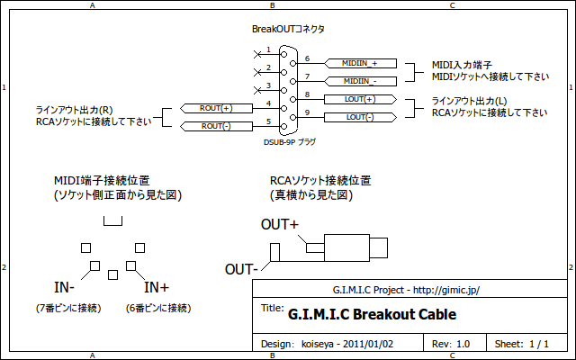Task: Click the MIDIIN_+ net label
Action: click(358, 64)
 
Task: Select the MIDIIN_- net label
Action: click(358, 81)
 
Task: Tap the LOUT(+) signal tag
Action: click(358, 99)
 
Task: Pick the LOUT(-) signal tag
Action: click(358, 117)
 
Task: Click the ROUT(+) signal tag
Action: click(216, 108)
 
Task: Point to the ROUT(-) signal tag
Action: click(216, 126)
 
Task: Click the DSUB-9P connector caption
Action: click(289, 142)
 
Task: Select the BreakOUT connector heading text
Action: click(288, 30)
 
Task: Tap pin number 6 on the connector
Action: click(307, 58)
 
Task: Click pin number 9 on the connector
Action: click(307, 112)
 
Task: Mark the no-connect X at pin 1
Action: click(257, 51)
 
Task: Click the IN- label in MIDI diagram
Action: click(64, 288)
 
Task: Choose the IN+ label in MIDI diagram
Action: click(157, 288)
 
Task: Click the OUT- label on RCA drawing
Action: click(242, 269)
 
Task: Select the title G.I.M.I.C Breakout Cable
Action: click(372, 315)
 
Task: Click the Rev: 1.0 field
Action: click(451, 344)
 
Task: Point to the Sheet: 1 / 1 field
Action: click(522, 344)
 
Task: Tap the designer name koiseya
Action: click(320, 344)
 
